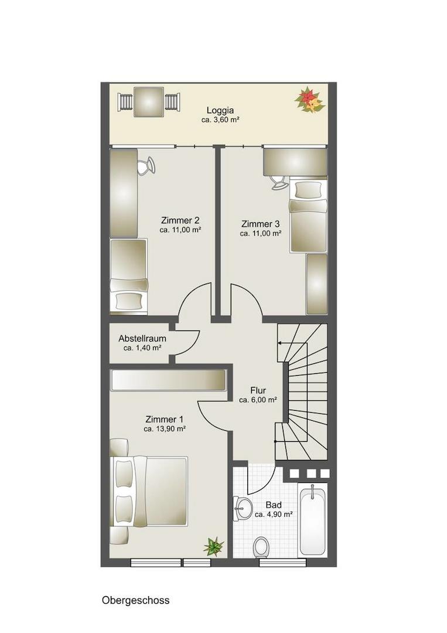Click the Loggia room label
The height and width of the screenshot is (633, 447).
[x=220, y=110]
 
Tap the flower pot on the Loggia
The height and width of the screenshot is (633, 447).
[x=309, y=100]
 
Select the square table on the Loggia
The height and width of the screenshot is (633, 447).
[x=149, y=102]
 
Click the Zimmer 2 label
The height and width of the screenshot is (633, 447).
[x=180, y=220]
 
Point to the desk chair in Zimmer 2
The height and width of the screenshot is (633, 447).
[x=146, y=166]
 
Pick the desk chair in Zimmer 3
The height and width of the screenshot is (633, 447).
[x=279, y=182]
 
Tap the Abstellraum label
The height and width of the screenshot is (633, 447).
[x=142, y=339]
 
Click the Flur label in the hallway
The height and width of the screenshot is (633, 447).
[x=258, y=390]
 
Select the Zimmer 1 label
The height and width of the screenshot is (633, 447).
[x=164, y=420]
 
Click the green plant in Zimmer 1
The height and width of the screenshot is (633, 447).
[x=213, y=546]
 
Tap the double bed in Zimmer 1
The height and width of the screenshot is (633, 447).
[x=149, y=491]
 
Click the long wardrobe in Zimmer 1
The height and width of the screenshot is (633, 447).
[x=169, y=380]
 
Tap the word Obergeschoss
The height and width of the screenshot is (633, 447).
[x=135, y=600]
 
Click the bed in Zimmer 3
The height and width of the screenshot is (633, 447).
[x=308, y=216]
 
